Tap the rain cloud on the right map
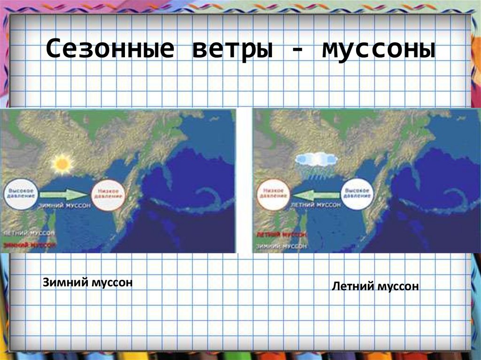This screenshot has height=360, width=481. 316,162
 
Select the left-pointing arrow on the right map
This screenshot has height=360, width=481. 316,193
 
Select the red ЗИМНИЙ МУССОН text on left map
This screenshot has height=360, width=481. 30,245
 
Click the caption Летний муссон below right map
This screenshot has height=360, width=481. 375,286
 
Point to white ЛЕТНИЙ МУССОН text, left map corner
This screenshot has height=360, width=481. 30,233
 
